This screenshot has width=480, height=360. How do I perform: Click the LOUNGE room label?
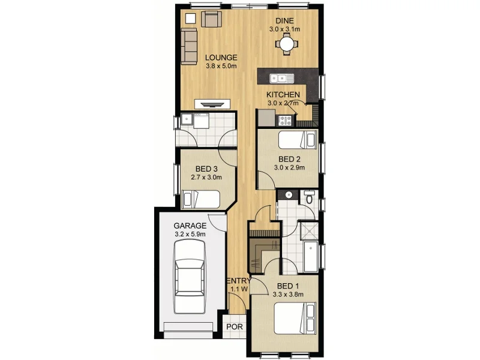point(221,58)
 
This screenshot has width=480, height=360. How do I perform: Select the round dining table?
point(287,44)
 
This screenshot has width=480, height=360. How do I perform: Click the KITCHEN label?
point(283,95)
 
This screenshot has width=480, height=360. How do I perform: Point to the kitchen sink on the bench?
point(280,77)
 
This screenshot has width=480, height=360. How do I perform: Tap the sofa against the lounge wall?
point(190,47)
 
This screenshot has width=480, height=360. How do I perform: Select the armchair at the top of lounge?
point(211,19)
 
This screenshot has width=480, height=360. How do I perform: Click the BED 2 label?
point(289,159)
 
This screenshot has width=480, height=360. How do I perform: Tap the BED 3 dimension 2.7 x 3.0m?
point(206,178)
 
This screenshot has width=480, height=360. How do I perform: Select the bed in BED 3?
point(202,198)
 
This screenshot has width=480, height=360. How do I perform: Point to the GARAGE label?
point(190,226)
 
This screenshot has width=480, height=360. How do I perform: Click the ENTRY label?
point(238,281)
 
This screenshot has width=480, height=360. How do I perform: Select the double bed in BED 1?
point(295,318)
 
